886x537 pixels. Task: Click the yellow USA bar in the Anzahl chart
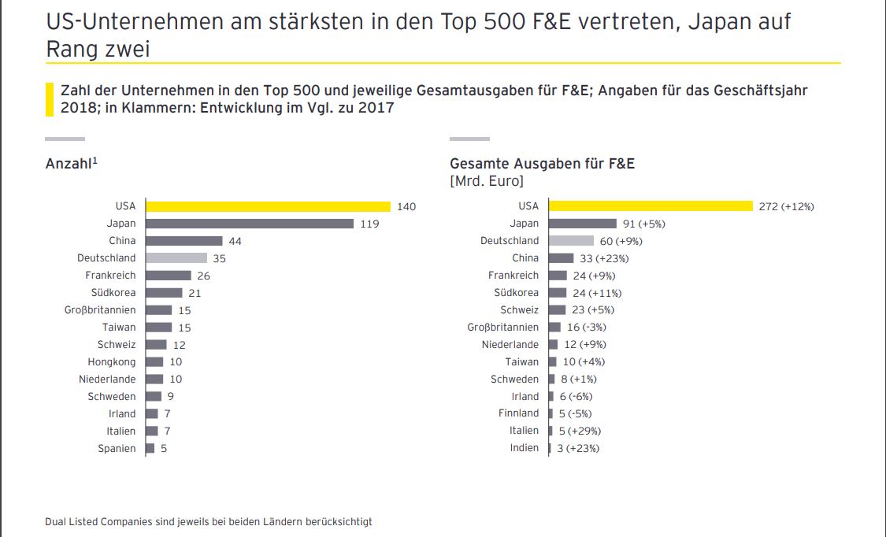(x=268, y=206)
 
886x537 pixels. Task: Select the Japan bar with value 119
(x=250, y=224)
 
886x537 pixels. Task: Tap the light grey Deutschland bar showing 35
(x=176, y=258)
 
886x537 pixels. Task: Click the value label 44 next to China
(x=235, y=241)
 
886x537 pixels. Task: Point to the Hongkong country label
(x=111, y=362)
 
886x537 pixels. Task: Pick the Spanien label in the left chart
(x=117, y=449)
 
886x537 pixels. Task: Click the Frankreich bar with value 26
(x=169, y=276)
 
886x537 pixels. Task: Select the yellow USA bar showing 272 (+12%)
(x=651, y=206)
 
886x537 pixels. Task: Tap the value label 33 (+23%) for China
(x=604, y=258)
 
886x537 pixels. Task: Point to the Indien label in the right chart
(x=525, y=448)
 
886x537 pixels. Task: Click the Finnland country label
(x=519, y=413)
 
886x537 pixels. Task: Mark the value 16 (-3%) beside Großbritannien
(x=586, y=328)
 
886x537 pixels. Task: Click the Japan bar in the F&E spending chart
(x=582, y=224)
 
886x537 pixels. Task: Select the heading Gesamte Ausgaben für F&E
(x=542, y=164)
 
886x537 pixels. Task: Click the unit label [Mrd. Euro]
(x=486, y=181)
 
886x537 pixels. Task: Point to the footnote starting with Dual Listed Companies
(x=209, y=521)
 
